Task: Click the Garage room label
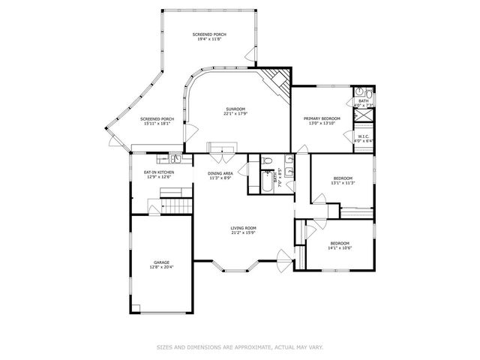161,265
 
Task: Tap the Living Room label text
244,230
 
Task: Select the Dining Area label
220,175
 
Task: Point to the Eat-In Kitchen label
159,175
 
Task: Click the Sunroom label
235,112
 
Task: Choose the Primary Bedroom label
322,121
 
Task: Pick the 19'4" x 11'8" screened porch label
209,37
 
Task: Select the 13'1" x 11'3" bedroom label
342,180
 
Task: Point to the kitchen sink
174,158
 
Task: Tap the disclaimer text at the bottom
240,346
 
